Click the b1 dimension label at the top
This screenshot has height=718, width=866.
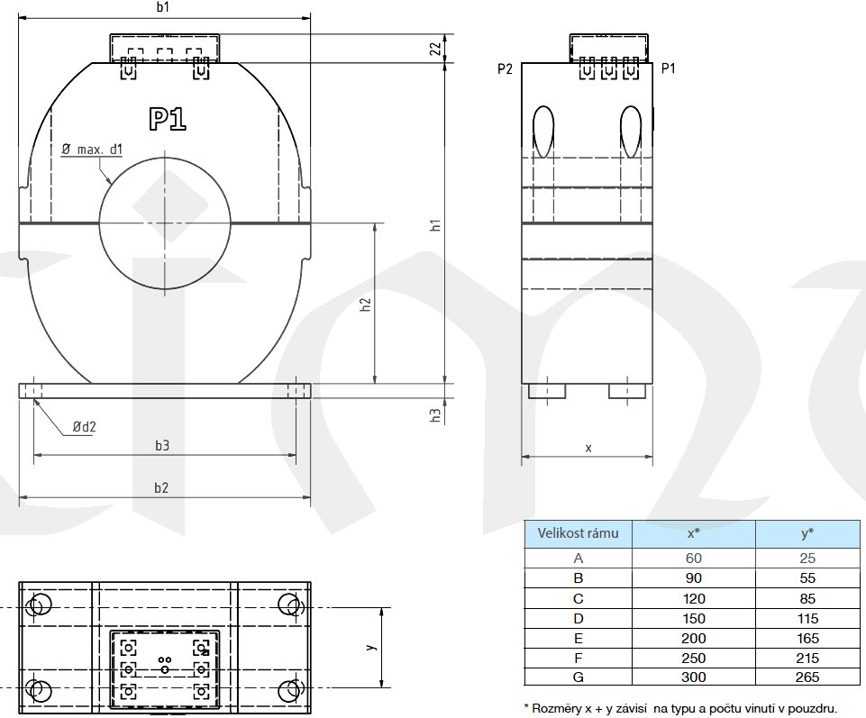[163, 7]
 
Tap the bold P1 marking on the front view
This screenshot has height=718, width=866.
[168, 119]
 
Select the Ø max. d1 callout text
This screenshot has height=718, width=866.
[92, 150]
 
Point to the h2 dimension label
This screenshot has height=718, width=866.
[366, 304]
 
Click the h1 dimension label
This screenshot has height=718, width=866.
[436, 225]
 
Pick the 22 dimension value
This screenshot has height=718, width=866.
[436, 49]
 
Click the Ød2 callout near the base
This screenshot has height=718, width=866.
[85, 426]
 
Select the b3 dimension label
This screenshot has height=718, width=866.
[162, 446]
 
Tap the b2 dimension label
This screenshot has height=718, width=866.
[161, 487]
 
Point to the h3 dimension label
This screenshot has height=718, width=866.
[436, 415]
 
